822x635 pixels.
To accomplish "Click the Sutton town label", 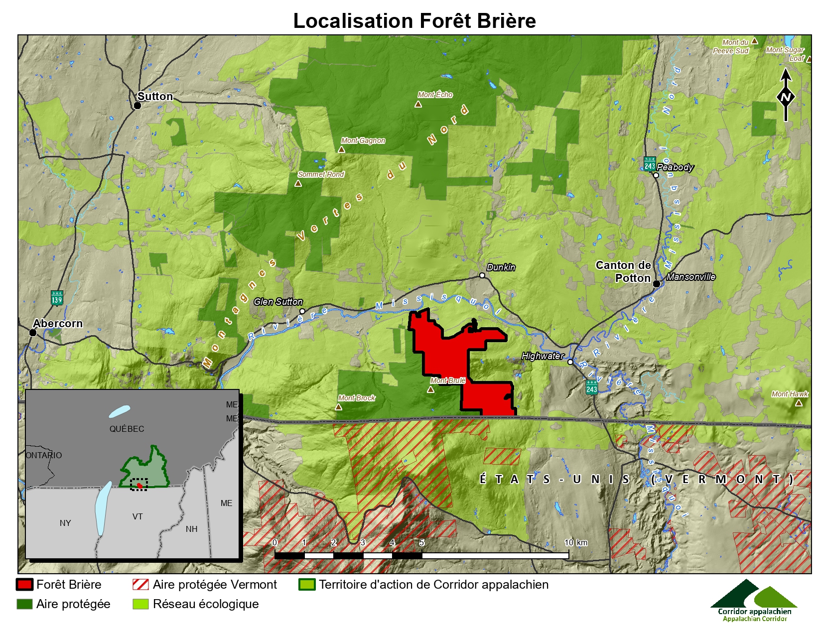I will (155, 97).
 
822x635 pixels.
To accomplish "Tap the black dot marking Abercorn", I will (33, 333).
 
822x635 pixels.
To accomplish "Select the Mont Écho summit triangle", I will (418, 104).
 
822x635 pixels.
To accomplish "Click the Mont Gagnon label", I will (363, 141).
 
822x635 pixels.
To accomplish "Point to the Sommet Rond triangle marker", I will (298, 183).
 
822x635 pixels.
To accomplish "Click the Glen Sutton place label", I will (278, 302).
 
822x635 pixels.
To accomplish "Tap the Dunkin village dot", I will (482, 275).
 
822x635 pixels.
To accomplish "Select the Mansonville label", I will (691, 277).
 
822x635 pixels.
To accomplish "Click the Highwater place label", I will (543, 356).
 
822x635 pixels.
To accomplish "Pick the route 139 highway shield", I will (57, 298).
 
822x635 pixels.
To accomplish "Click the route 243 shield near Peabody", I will (650, 164).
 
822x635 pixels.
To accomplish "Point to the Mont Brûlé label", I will (447, 381).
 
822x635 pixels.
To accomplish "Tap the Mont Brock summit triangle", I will (339, 407).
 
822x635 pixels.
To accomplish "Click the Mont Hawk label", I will (790, 394).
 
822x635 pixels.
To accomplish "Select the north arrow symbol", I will (786, 95).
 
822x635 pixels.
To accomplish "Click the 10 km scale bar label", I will (575, 543).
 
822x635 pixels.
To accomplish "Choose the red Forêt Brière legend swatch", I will (24, 585).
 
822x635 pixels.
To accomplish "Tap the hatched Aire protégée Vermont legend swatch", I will (140, 585).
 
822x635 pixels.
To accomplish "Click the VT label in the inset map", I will (137, 517).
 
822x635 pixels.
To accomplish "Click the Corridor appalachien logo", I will (754, 600).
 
